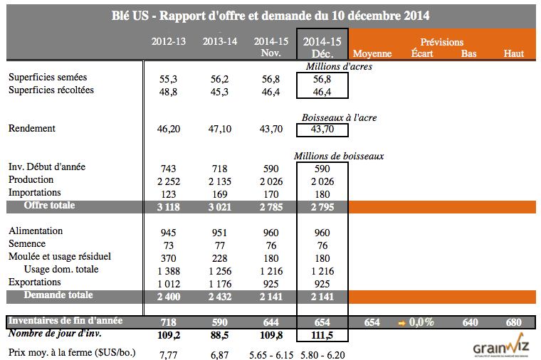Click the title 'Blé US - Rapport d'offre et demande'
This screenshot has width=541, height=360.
(x=270, y=15)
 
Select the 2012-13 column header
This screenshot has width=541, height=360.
(x=169, y=42)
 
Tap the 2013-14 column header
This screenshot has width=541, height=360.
(x=220, y=42)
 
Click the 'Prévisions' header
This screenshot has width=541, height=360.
(x=441, y=43)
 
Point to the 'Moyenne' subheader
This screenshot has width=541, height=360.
(x=372, y=54)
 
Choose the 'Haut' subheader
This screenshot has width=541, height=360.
(x=513, y=54)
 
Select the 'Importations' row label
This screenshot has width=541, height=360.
(x=35, y=193)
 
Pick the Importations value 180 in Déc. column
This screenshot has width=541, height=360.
(x=322, y=194)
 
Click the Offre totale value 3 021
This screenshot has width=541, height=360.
(x=220, y=207)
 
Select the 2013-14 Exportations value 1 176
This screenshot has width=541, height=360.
(x=220, y=283)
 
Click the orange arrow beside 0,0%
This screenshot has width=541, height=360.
(x=402, y=322)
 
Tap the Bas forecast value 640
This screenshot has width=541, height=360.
(x=469, y=322)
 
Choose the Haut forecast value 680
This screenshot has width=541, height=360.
(x=513, y=322)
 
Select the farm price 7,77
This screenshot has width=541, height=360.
(x=169, y=354)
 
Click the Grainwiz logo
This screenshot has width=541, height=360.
(x=501, y=346)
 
